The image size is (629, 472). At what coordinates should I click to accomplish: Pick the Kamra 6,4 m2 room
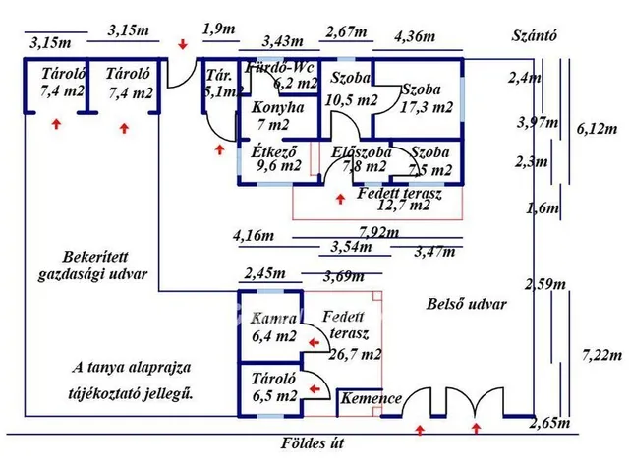[273, 327]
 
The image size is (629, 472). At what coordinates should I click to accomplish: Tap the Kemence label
[372, 398]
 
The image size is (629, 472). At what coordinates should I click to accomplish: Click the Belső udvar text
[467, 304]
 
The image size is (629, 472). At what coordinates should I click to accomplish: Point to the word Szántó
[536, 37]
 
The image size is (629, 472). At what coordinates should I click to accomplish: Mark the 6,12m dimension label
[596, 129]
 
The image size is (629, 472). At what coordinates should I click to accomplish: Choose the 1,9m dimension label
[218, 29]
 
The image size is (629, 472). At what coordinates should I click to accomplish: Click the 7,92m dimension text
[380, 233]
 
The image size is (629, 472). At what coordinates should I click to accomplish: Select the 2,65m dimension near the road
[548, 423]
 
